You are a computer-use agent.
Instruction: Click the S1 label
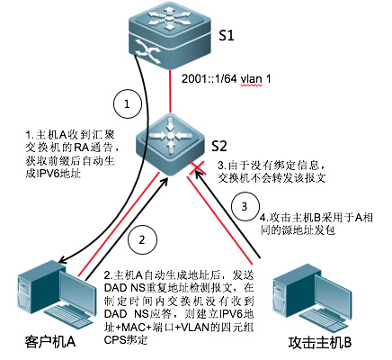(x=226, y=35)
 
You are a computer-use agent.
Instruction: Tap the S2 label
(x=219, y=146)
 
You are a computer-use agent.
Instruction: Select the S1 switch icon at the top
(x=170, y=35)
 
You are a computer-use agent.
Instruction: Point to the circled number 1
(x=127, y=104)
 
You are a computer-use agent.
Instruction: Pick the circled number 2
(x=142, y=240)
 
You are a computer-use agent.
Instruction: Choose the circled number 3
(x=245, y=207)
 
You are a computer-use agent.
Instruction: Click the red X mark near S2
(x=198, y=168)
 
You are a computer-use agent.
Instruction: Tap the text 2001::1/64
(x=209, y=79)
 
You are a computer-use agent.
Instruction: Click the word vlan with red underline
(x=252, y=79)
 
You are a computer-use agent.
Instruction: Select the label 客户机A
(x=49, y=342)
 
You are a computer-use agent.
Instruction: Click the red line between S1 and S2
(x=170, y=91)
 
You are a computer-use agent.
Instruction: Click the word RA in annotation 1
(x=82, y=148)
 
